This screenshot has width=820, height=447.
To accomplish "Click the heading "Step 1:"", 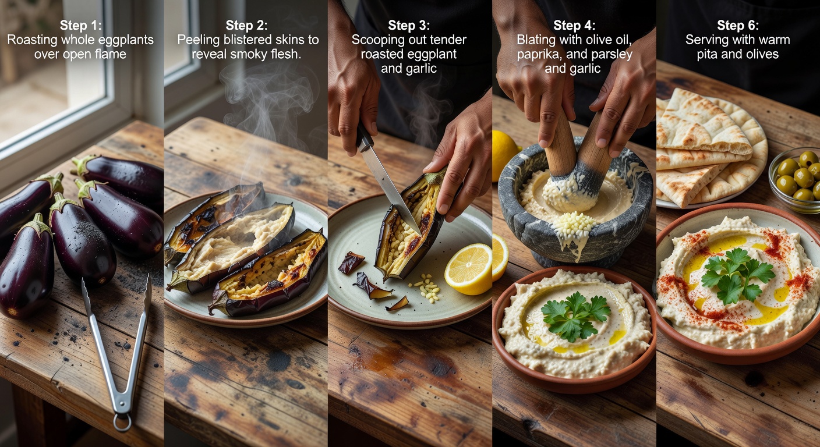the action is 81,25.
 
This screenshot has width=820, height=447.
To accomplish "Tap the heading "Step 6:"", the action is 738,25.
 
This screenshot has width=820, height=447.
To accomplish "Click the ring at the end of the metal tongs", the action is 122,422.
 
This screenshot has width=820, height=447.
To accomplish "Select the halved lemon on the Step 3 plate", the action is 469,269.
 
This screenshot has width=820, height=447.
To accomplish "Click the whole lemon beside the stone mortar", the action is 504,156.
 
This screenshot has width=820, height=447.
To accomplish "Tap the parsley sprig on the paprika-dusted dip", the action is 736,275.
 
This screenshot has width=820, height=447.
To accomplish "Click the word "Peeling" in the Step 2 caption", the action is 199,40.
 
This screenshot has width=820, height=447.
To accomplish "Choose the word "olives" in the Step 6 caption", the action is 761,54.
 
